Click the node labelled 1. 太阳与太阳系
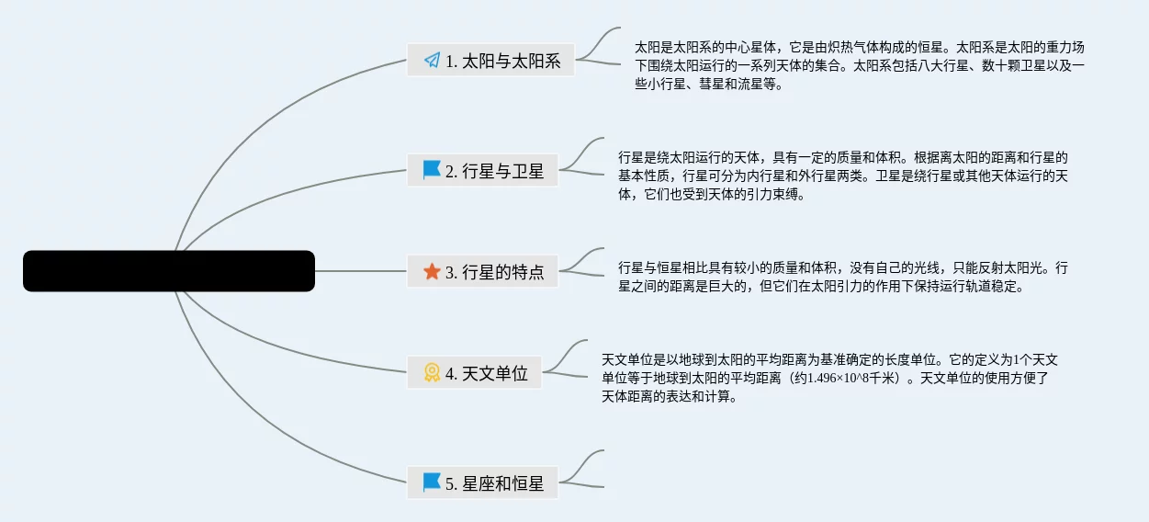[x=490, y=61]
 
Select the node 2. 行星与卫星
[x=483, y=171]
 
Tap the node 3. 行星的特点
[x=483, y=272]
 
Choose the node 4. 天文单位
[x=475, y=373]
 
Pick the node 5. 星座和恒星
[x=483, y=483]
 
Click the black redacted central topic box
[x=169, y=271]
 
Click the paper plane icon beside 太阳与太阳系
[x=432, y=61]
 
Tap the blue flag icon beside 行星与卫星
[x=432, y=170]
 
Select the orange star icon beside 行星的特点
[x=432, y=272]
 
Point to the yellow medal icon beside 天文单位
[x=432, y=373]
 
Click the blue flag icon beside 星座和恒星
[x=432, y=482]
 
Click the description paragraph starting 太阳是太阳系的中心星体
[x=859, y=65]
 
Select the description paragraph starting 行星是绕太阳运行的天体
[x=842, y=176]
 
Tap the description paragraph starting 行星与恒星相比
[x=842, y=277]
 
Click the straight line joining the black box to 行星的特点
[x=361, y=271]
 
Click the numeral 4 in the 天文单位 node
[x=450, y=374]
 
